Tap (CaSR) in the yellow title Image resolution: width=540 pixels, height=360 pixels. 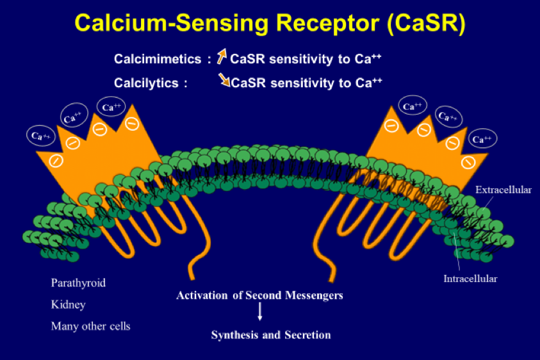426,24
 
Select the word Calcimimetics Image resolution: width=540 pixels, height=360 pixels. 158,59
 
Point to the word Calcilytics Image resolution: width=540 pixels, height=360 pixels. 146,83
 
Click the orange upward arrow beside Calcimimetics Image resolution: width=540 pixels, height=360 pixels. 222,56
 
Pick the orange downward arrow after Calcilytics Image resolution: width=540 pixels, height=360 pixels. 224,79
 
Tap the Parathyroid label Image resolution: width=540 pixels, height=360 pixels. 78,283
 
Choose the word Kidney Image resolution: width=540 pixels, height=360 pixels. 68,304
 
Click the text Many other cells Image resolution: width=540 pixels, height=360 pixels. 90,326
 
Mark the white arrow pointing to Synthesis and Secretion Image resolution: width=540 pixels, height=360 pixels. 260,311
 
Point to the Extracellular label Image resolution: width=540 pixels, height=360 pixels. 503,190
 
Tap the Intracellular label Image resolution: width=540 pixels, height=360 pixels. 470,279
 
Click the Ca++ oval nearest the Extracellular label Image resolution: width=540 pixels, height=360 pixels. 482,138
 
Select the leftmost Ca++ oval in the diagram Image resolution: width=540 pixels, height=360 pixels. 40,136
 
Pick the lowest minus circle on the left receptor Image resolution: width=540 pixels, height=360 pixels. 56,161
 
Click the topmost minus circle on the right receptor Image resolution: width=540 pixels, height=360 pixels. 391,126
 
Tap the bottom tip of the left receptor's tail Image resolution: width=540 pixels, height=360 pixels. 192,279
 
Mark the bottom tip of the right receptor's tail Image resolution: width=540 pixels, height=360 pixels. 332,281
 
